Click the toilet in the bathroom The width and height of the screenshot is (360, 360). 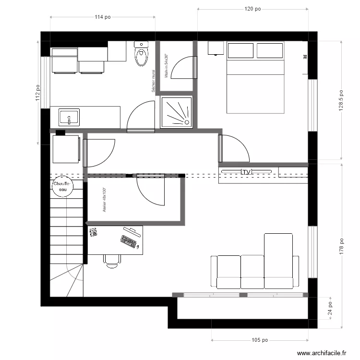141,54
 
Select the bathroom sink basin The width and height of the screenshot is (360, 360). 70,117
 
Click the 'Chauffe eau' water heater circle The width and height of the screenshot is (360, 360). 61,187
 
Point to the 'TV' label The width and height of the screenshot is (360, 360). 247,172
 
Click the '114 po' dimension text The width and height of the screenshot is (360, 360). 103,17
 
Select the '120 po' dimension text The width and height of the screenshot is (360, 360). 252,9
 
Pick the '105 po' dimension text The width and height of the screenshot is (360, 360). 260,340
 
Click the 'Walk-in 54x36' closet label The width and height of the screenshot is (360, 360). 166,66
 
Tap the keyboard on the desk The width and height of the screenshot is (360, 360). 130,241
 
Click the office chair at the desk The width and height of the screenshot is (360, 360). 112,260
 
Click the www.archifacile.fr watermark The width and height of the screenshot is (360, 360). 322,353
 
